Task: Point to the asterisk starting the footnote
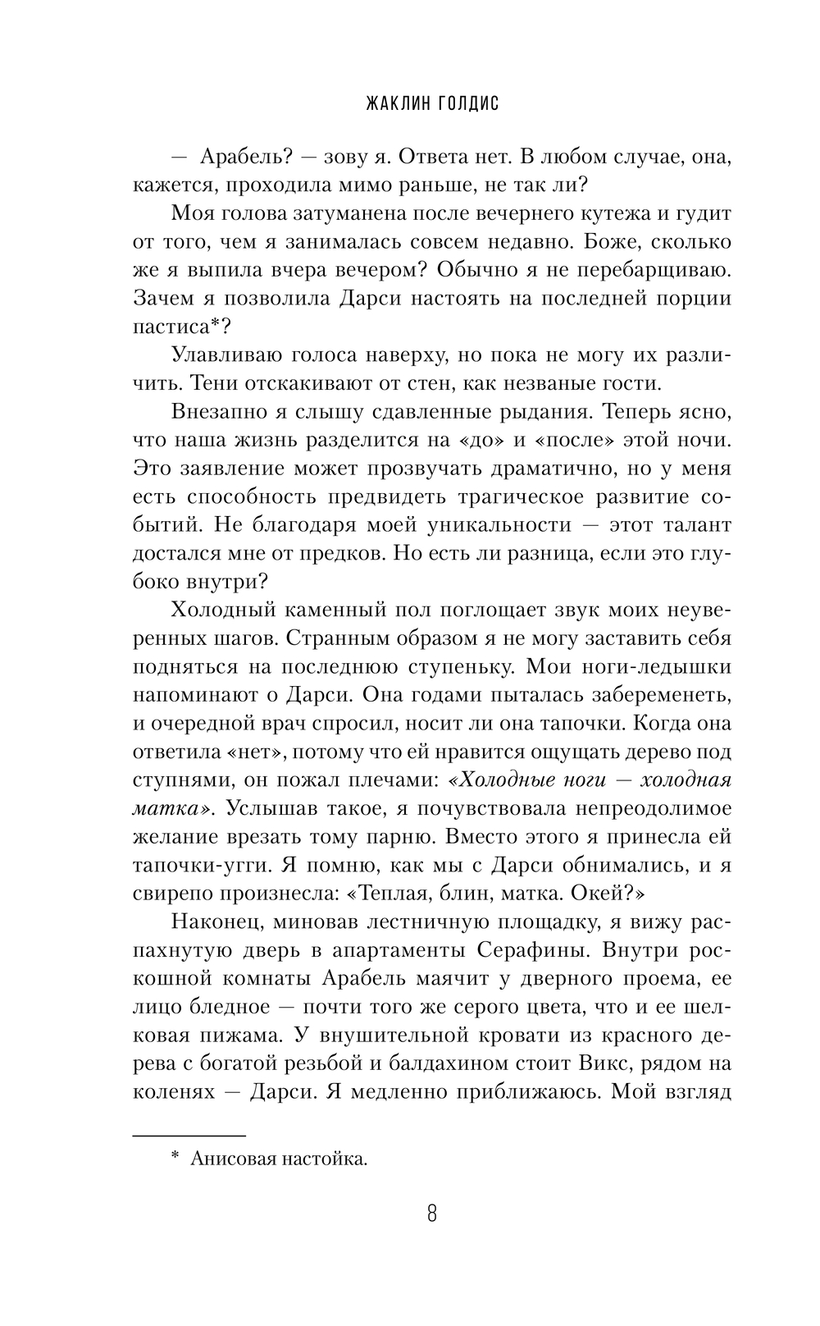pos(175,1157)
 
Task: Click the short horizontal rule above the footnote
pos(189,1136)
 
